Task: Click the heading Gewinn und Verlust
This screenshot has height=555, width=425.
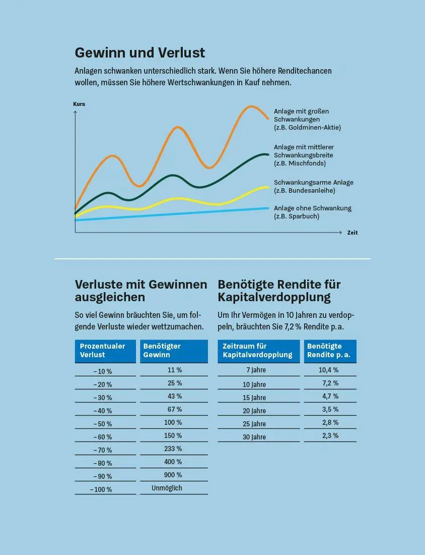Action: tap(139, 52)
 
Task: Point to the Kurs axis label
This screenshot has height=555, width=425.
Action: tap(79, 104)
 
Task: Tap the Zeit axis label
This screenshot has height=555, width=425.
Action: tap(352, 233)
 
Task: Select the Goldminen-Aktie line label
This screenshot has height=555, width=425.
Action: tap(307, 120)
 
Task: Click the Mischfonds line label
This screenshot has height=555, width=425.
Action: tap(303, 155)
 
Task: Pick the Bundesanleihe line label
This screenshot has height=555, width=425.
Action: tap(313, 186)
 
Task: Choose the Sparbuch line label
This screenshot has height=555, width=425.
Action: tap(312, 212)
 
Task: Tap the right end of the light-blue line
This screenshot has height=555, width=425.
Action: tap(268, 208)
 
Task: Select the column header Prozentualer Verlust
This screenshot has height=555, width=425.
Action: tap(105, 350)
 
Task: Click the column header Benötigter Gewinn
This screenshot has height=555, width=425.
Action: tap(173, 350)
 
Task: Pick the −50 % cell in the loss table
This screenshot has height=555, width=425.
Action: tap(103, 424)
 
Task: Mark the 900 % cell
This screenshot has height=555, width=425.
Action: tap(173, 475)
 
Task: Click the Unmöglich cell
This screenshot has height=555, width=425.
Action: tap(167, 488)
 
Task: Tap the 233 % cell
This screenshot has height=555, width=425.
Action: tap(173, 449)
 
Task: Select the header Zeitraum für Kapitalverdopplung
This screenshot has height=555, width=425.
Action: tap(258, 350)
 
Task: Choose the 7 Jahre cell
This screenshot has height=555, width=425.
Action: tap(256, 370)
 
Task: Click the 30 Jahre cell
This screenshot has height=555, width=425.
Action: tap(254, 437)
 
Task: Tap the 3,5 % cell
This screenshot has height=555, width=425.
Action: tap(330, 409)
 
